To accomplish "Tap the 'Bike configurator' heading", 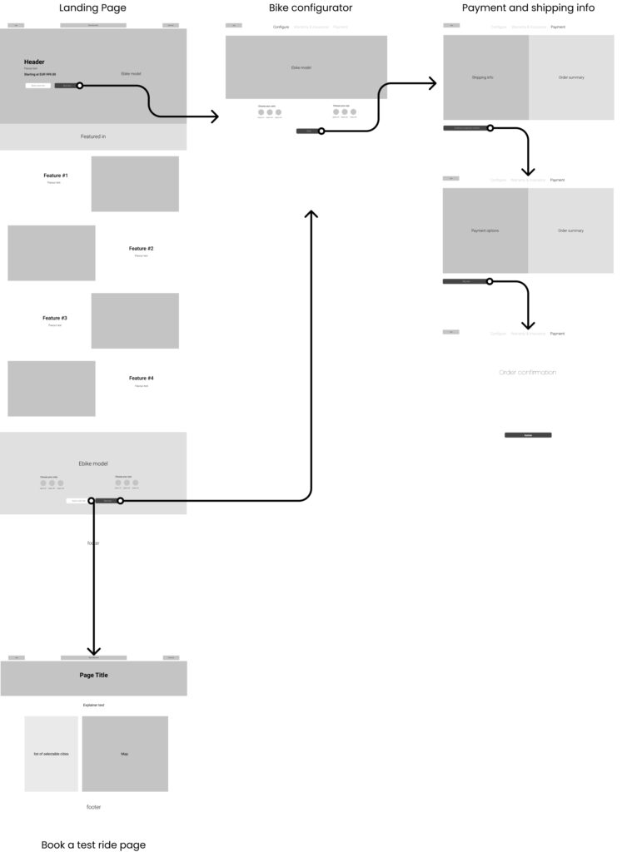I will pos(310,7).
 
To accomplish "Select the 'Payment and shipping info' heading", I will pos(528,7).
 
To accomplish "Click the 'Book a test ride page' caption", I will pos(93,845).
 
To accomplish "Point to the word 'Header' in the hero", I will pos(34,62).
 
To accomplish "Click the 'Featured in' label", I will pos(93,136).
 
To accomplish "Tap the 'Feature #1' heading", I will pos(56,176).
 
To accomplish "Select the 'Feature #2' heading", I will pos(141,249).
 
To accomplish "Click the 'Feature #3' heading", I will pos(55,318).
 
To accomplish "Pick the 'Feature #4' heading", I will pos(141,379).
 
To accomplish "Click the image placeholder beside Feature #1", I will pos(135,184).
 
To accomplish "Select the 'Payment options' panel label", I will pos(485,230).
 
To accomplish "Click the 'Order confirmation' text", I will pos(527,372).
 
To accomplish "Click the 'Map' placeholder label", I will pos(125,754).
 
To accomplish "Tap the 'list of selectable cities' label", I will pos(51,754).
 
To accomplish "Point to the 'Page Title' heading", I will pos(93,675).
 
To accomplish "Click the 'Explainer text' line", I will pos(93,705).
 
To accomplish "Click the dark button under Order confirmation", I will pos(527,435).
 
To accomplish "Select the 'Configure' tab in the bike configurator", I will pos(281,27).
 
